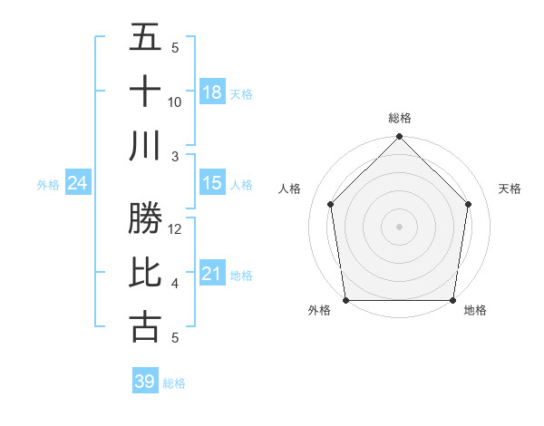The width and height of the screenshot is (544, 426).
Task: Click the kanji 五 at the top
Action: point(145,37)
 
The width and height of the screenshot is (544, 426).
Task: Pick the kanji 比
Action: point(145,273)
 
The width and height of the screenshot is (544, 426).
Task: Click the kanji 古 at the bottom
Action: point(145,326)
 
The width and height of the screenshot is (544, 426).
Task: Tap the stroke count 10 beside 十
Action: point(175,102)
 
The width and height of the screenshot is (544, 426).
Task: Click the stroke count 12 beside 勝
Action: point(175,229)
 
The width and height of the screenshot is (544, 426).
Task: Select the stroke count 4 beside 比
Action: point(175,284)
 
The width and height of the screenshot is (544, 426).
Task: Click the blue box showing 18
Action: point(212,92)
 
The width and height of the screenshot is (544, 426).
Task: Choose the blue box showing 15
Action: point(212,183)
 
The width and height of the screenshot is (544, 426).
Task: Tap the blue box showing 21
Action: point(212,274)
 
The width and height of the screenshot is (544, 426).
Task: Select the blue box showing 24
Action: point(78,183)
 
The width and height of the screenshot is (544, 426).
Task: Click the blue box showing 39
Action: point(145,382)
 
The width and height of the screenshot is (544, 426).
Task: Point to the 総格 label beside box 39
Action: point(174,383)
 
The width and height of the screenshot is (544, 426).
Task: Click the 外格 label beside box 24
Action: point(48,185)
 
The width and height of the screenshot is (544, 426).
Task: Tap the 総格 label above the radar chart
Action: point(399,118)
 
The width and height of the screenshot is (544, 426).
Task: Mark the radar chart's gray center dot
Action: point(399,227)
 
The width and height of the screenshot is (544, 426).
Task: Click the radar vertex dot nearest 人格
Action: point(331,204)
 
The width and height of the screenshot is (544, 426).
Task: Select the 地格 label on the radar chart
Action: point(475,311)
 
